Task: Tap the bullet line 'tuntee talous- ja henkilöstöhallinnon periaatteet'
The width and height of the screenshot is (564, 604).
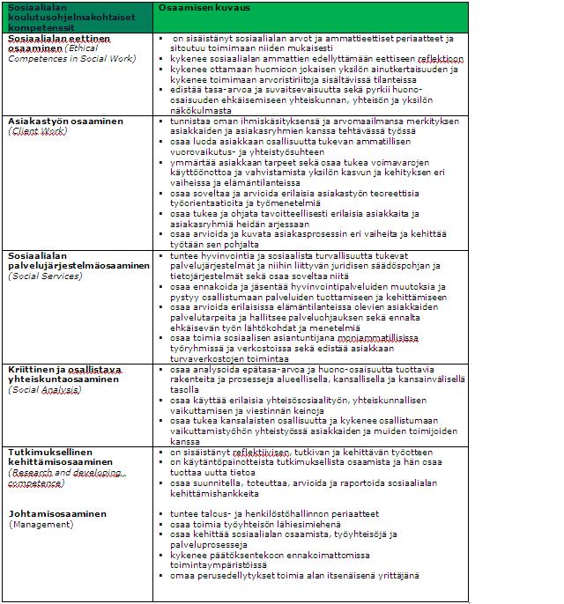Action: pos(275,513)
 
